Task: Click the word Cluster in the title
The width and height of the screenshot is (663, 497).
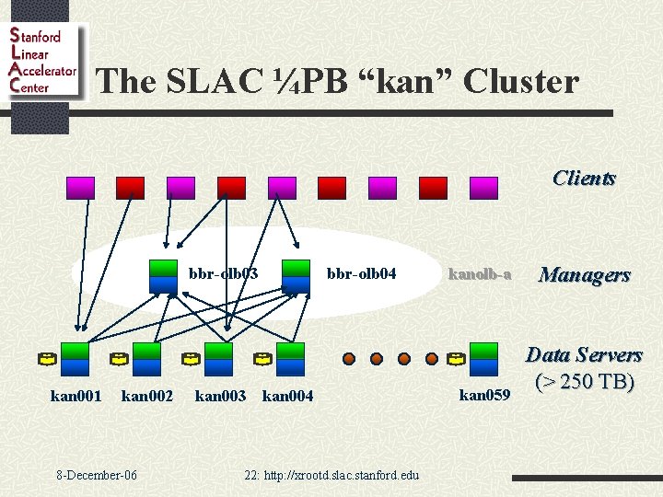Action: (x=521, y=82)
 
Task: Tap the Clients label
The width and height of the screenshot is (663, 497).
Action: (x=584, y=178)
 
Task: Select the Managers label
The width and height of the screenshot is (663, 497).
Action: (x=585, y=274)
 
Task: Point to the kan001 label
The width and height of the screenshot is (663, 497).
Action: (x=76, y=396)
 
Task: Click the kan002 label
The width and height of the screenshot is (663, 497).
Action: (x=147, y=396)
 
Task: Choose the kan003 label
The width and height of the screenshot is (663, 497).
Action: (x=220, y=396)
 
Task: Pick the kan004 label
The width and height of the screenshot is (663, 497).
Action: (x=288, y=396)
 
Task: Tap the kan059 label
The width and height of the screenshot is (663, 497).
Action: (x=484, y=396)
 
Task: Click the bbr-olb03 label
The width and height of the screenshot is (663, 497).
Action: (x=224, y=273)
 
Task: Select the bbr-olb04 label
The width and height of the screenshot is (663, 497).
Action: (x=362, y=273)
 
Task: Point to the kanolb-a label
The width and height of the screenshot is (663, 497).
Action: (x=479, y=273)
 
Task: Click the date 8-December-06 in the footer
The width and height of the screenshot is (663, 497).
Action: (x=97, y=475)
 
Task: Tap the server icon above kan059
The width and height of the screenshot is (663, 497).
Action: (x=483, y=359)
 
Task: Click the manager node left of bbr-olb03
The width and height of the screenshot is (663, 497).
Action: (x=164, y=273)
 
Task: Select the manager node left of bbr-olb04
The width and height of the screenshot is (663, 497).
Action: (x=296, y=273)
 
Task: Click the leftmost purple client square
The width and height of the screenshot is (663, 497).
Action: (x=80, y=188)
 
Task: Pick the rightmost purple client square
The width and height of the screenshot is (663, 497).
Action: (x=483, y=188)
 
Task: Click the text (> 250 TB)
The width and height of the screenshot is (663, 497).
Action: (x=584, y=380)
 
